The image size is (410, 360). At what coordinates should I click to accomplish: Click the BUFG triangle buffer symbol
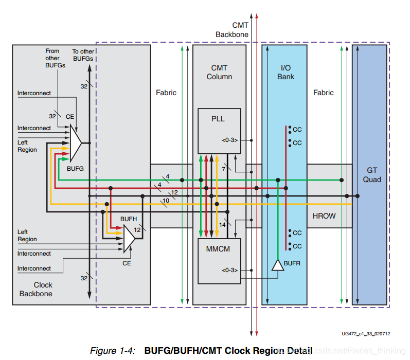tap(75, 143)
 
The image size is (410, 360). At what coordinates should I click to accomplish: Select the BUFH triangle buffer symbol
tap(129, 238)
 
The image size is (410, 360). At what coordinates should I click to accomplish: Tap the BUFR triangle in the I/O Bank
tap(278, 265)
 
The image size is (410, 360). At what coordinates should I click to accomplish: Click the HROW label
tap(324, 216)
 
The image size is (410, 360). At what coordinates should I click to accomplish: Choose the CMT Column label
tap(219, 72)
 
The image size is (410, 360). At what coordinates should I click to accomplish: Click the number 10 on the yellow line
tap(166, 200)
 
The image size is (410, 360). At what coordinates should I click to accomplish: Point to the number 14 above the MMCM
tap(222, 224)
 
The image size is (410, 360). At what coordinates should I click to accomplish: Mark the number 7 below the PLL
tap(223, 169)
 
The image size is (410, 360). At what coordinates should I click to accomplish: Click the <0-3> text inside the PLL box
tap(229, 140)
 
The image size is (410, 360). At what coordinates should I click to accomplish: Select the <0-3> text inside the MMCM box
tap(229, 269)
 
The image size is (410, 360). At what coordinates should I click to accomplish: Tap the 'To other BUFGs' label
tap(83, 55)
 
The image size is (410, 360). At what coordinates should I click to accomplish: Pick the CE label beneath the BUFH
tap(127, 263)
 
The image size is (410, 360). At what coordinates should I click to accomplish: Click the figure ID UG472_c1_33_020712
tap(365, 334)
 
